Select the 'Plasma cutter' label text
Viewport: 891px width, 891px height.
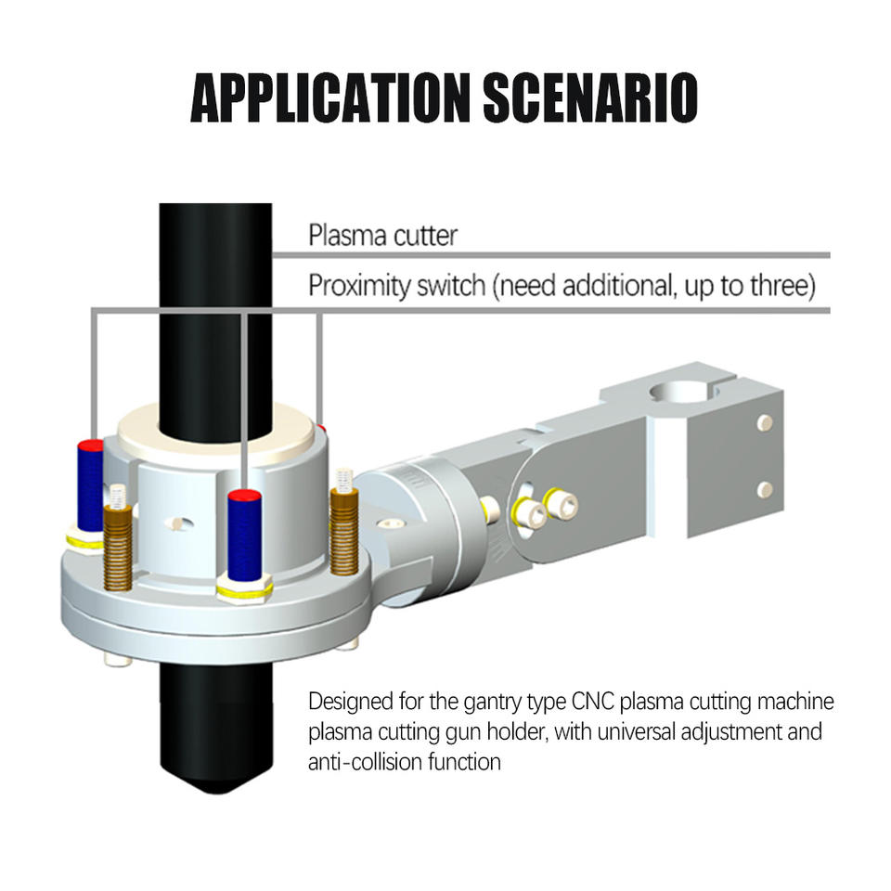[x=382, y=235]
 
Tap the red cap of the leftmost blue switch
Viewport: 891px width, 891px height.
[x=90, y=445]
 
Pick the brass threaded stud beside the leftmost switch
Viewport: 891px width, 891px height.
[x=117, y=538]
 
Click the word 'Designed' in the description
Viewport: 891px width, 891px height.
[x=349, y=700]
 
